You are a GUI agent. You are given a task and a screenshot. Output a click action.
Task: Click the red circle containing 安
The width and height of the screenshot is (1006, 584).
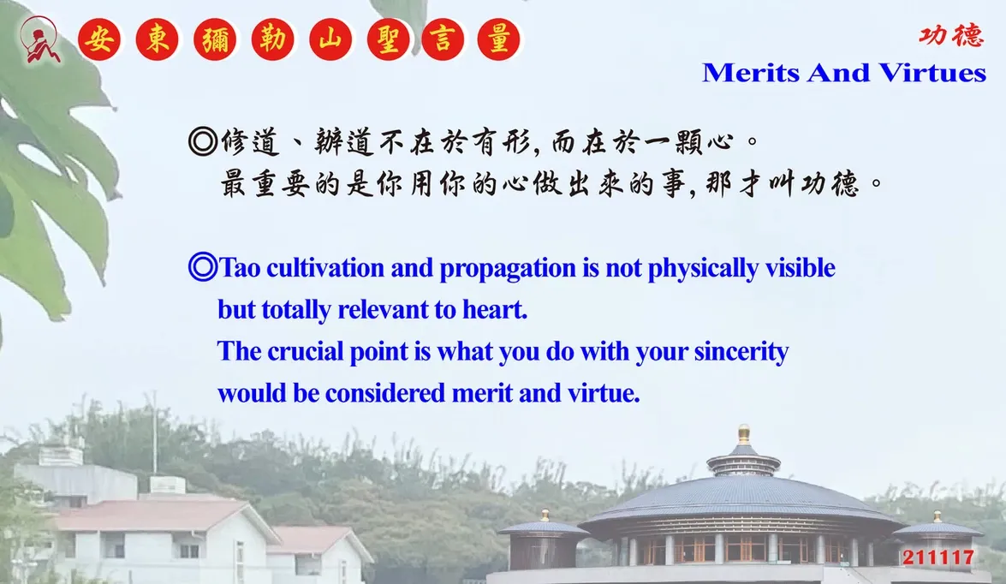tap(98, 39)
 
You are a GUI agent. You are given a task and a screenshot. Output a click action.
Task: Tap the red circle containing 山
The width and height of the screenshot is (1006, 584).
tap(330, 39)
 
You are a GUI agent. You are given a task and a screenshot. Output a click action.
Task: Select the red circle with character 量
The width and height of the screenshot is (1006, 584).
tap(498, 39)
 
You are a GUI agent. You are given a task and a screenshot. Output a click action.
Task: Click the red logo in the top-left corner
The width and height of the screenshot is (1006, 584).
tap(39, 39)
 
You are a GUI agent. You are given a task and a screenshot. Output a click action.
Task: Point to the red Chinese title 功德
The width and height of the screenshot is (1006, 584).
tap(951, 35)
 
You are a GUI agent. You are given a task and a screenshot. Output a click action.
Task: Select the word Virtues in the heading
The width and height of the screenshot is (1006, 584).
tap(932, 73)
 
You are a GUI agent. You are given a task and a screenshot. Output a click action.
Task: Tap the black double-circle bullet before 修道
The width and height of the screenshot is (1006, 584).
tap(203, 141)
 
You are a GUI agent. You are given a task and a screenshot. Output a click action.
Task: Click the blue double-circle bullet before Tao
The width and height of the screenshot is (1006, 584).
tap(203, 267)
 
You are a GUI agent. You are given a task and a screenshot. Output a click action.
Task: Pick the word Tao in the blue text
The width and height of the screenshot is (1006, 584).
tap(239, 268)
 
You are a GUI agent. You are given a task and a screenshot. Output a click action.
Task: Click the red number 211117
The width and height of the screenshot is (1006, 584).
tap(938, 557)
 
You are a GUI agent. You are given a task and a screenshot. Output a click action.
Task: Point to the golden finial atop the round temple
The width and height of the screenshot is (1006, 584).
tap(744, 434)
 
